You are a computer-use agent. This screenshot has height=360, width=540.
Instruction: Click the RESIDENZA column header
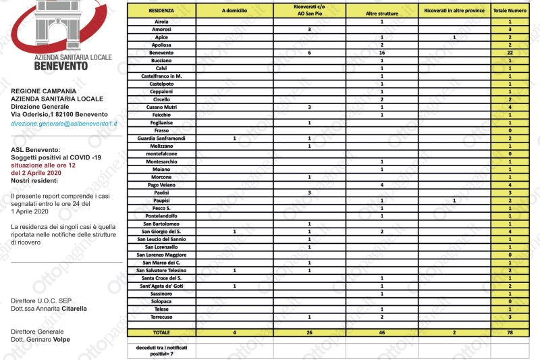pos(162,11)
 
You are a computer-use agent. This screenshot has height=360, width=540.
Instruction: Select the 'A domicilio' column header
pos(234,11)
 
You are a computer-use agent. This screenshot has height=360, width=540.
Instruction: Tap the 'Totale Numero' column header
pos(510,11)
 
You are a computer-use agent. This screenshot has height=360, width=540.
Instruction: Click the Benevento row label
pos(162,53)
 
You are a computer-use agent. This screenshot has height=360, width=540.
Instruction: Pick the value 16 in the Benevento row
pos(382,53)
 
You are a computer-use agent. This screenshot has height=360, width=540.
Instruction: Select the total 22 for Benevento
pos(510,53)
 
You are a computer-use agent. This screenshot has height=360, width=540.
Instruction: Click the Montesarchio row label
pos(162,161)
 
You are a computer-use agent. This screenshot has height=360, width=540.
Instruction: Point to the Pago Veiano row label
pos(162,184)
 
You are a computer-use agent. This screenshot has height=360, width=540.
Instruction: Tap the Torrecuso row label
pos(162,317)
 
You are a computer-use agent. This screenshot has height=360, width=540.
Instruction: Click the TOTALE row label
pos(162,332)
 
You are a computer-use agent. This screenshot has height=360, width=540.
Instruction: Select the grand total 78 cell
pos(510,332)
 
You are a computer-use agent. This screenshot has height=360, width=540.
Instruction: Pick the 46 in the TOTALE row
pos(382,332)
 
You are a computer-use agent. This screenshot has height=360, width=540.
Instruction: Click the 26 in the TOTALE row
pos(309,332)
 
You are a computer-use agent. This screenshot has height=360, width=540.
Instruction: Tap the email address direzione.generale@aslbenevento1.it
pos(64,124)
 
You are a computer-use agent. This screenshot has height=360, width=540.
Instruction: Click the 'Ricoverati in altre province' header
pos(454,11)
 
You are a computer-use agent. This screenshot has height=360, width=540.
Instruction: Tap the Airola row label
pos(162,22)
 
